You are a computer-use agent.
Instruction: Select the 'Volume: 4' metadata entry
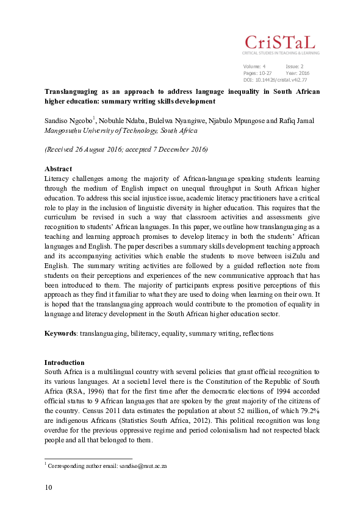[254, 66]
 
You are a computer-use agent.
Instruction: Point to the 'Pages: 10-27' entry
[257, 73]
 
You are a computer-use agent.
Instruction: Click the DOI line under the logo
[275, 79]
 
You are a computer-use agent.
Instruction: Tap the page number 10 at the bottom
[49, 487]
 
